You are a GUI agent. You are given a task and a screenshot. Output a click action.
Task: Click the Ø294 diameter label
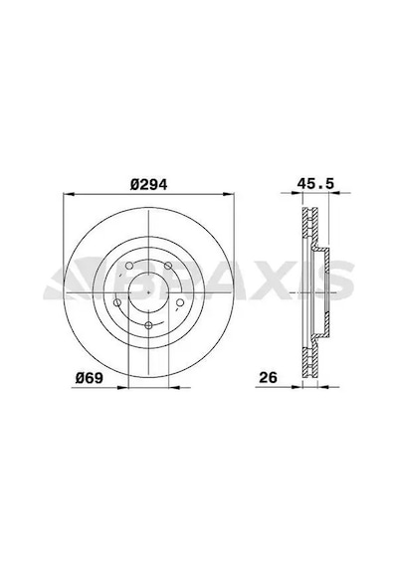148,185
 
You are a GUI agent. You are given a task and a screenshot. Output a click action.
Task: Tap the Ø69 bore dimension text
90,378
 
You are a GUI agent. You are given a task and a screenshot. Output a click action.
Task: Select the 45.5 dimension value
315,184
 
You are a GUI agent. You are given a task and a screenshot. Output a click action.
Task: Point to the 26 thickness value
268,378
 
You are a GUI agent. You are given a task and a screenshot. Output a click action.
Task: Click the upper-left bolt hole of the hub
129,266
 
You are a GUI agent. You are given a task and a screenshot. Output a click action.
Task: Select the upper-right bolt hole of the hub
168,266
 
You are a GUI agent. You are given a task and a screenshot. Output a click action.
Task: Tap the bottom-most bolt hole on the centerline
148,325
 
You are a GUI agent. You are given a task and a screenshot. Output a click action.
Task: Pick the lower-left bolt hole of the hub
117,302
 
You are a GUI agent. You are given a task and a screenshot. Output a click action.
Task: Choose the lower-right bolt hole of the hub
180,302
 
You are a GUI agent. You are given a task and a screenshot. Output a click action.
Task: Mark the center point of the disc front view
148,292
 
